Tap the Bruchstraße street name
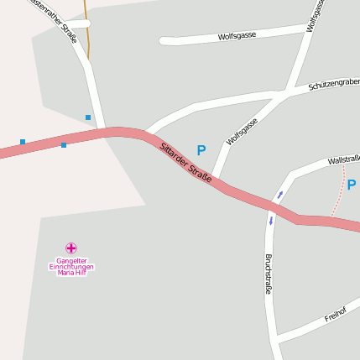(x=269, y=274)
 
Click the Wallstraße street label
(x=343, y=159)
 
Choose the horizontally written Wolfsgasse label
(x=237, y=37)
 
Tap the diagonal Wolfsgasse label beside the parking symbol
(x=242, y=132)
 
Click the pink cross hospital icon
(x=71, y=248)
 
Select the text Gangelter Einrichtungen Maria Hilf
(x=71, y=267)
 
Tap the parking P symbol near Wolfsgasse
(x=201, y=150)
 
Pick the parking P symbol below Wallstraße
(x=352, y=185)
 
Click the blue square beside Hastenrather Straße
(x=87, y=117)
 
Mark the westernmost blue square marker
(x=23, y=142)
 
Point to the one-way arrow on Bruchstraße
(x=271, y=222)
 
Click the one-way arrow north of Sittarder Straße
(x=280, y=195)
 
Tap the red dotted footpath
(x=340, y=197)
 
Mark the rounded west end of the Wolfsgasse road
(x=164, y=40)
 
